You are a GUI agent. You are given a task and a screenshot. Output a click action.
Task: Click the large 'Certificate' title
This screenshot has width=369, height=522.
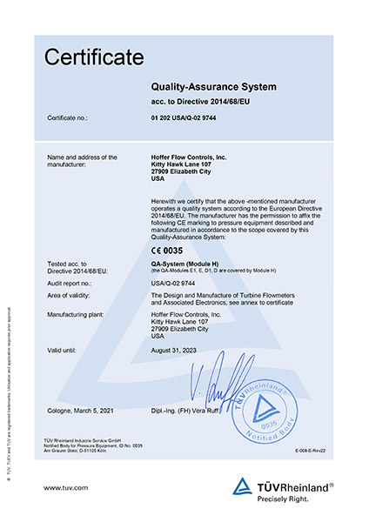94,58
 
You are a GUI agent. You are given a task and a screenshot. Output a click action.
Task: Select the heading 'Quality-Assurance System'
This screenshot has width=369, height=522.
213,87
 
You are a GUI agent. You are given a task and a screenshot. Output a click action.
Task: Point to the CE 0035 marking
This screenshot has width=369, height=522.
172,250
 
